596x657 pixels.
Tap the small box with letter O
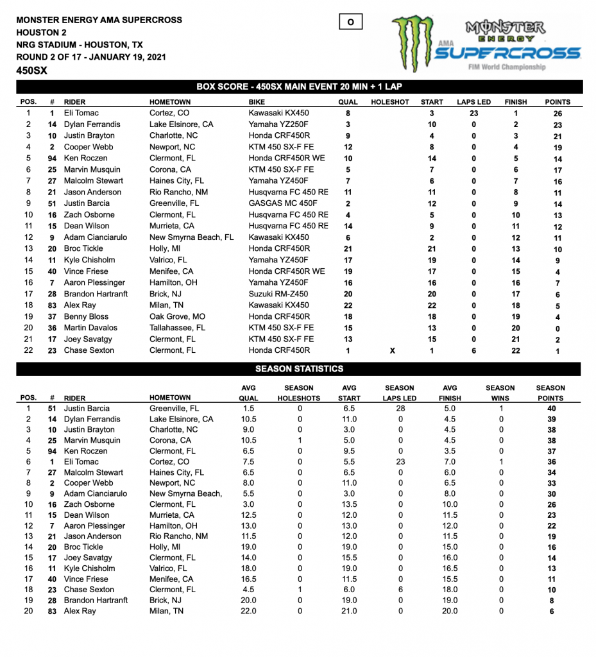tap(350, 22)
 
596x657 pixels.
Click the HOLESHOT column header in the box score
tap(389, 102)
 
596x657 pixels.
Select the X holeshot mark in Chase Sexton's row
tap(392, 350)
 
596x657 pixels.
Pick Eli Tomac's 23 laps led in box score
tap(473, 113)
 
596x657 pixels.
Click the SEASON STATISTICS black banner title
tap(299, 369)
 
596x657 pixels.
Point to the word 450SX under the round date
tap(31, 71)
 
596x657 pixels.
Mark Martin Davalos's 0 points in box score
tap(558, 328)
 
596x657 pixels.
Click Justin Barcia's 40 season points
tap(551, 409)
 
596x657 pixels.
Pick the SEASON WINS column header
tap(500, 393)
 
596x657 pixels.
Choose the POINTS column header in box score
tap(558, 102)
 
